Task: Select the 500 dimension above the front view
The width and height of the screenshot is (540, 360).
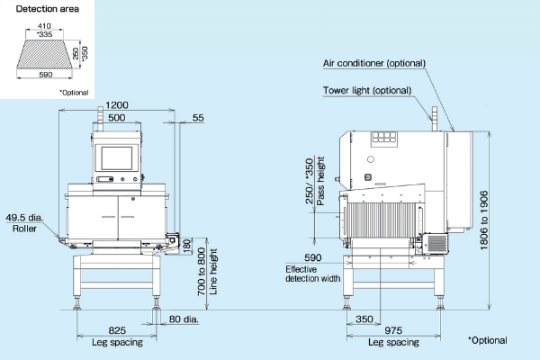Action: coord(116,118)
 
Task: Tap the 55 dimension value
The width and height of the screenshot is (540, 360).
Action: coord(198,118)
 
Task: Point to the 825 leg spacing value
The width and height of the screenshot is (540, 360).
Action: coord(116,330)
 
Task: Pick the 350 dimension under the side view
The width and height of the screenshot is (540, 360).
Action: coord(364,319)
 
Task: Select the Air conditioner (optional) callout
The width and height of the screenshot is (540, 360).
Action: coord(374,63)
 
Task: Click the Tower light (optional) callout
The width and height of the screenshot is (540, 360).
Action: coord(367,90)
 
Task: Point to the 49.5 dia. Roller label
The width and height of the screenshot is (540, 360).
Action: coord(24,222)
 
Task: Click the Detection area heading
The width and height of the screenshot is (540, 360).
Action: coord(38,8)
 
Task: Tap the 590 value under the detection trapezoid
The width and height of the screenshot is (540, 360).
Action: coord(47,76)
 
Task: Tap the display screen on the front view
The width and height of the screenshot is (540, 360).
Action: coord(116,157)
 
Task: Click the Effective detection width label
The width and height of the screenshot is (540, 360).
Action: coord(312,274)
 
